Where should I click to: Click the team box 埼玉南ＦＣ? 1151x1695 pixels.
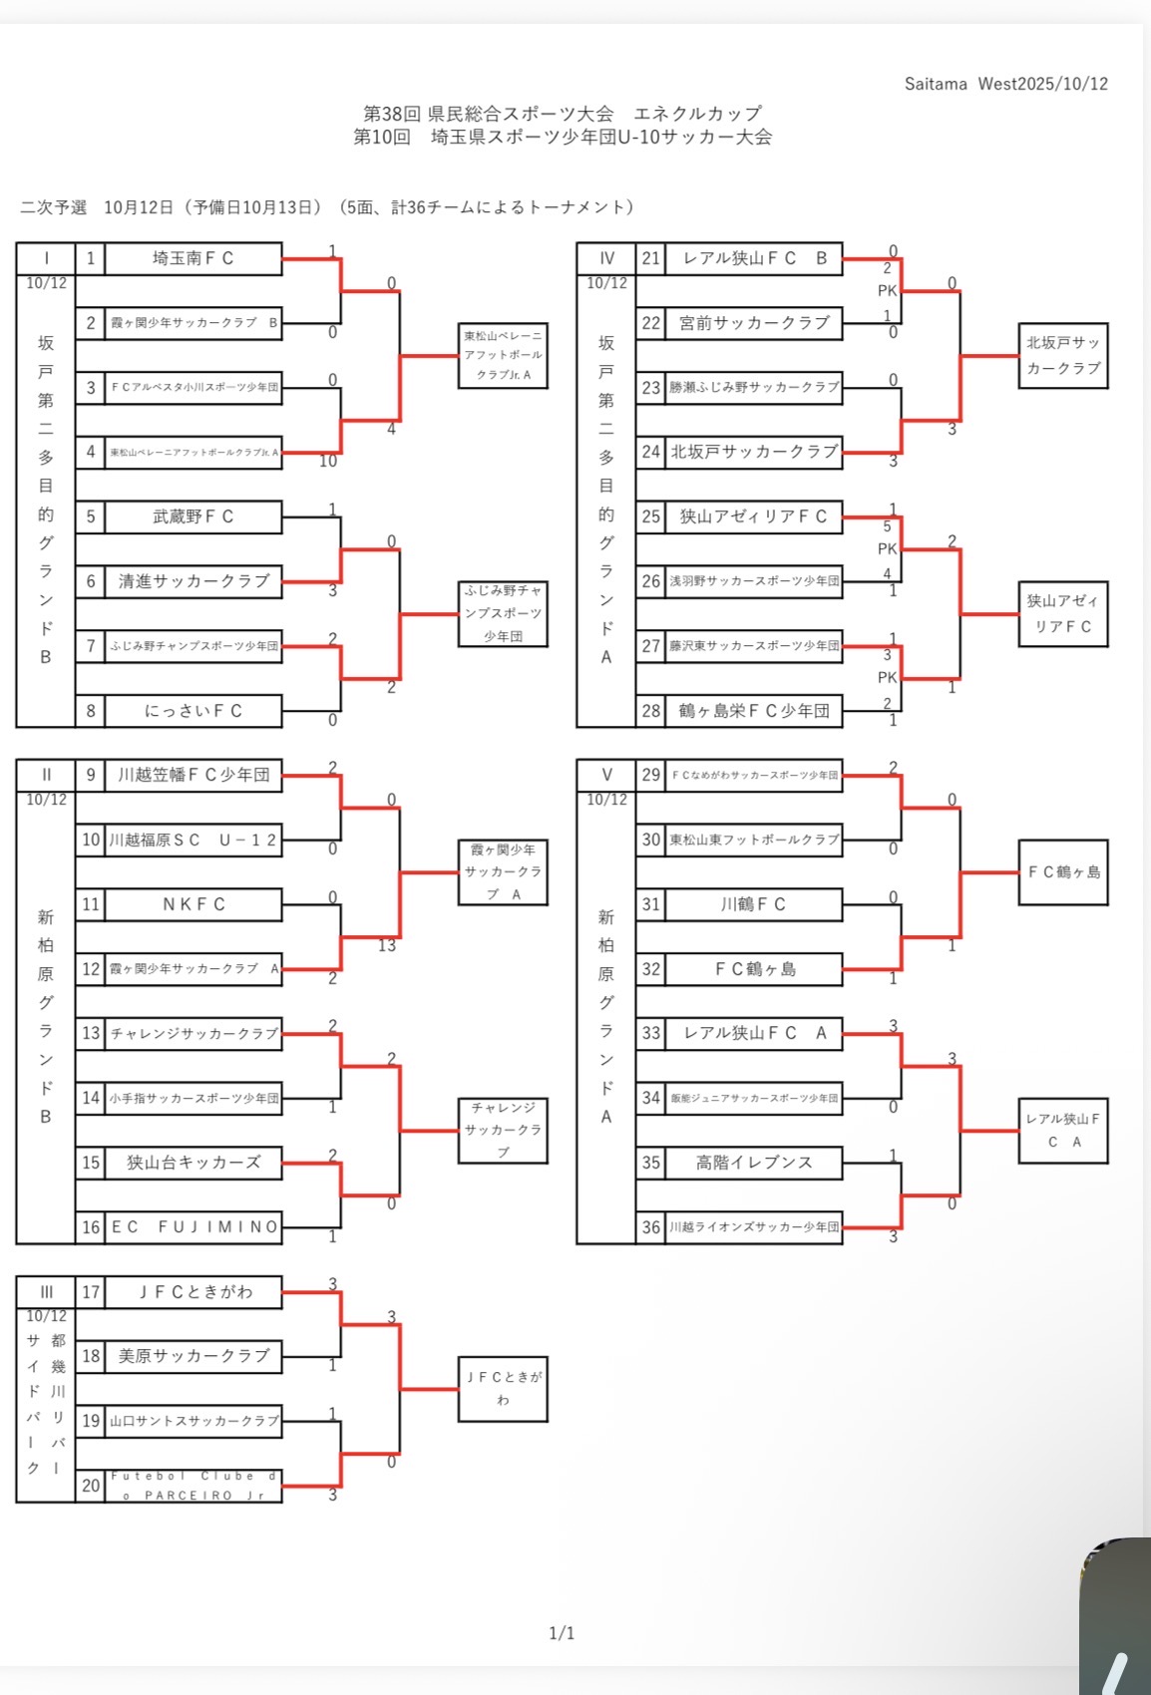coord(192,258)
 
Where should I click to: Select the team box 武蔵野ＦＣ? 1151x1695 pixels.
coord(192,516)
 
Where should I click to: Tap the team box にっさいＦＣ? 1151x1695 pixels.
coord(192,711)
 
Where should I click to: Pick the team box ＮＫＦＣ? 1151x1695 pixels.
coord(192,904)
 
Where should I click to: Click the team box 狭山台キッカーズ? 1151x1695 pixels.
coord(192,1163)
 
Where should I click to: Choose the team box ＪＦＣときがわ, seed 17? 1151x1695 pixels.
coord(192,1292)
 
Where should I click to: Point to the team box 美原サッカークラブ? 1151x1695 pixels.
coord(192,1356)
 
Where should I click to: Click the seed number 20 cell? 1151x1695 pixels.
coord(91,1486)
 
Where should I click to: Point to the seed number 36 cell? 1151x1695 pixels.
coord(651,1227)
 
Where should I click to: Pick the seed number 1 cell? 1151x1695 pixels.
coord(91,258)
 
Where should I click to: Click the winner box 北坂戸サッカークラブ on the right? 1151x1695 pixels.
coord(1063,355)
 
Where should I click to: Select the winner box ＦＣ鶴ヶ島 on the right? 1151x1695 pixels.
coord(1063,872)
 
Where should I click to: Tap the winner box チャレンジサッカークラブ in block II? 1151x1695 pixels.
coord(503,1131)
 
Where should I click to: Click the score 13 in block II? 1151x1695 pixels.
coord(387,945)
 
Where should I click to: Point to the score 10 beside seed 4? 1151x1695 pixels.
coord(328,462)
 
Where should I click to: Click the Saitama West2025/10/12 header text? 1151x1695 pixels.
coord(1005,84)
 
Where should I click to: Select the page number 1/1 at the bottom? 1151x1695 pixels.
coord(562,1633)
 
